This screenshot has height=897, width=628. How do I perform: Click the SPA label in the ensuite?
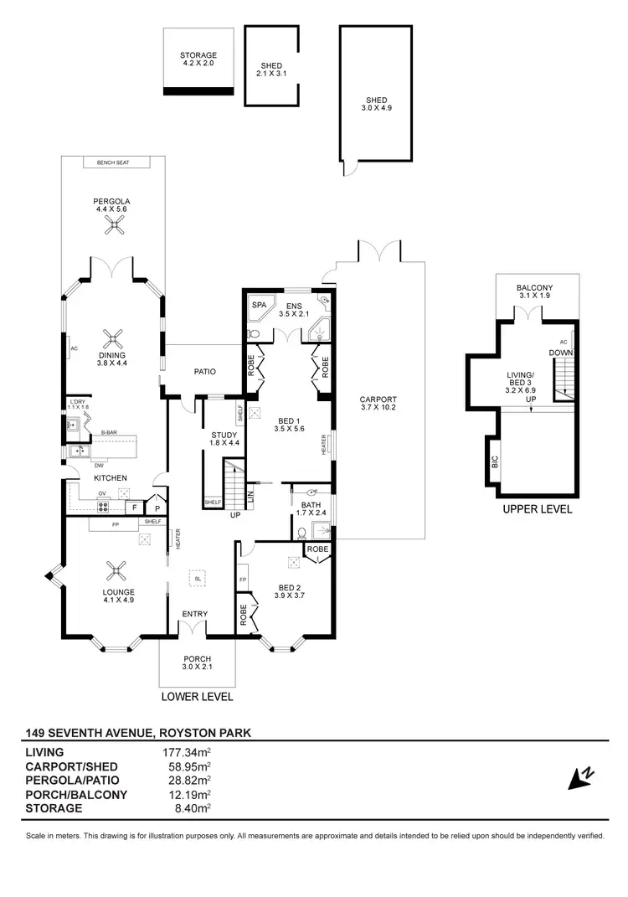click(x=259, y=306)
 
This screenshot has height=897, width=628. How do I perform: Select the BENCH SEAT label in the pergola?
click(x=111, y=162)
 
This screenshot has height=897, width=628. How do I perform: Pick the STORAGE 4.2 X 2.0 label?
click(x=198, y=59)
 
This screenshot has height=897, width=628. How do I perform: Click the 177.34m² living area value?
click(x=186, y=752)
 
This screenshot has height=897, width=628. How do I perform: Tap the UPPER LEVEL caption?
click(x=536, y=508)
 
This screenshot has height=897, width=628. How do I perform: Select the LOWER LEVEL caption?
click(x=198, y=696)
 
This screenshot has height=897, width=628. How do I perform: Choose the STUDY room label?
click(x=223, y=437)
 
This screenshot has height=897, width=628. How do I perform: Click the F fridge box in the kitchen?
click(x=133, y=507)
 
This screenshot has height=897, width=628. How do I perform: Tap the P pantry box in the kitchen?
click(x=156, y=507)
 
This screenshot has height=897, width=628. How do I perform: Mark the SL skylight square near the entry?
click(x=198, y=578)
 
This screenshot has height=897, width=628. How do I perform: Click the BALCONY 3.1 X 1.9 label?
click(x=536, y=292)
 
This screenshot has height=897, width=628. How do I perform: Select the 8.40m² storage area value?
click(x=190, y=808)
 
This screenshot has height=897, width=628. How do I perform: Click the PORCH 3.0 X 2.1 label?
click(x=198, y=663)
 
